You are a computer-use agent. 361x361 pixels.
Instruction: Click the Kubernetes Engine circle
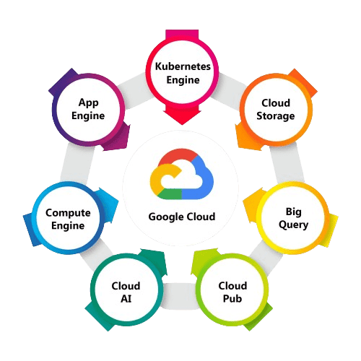pyautogui.click(x=182, y=73)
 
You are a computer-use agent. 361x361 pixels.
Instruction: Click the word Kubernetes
pyautogui.click(x=182, y=66)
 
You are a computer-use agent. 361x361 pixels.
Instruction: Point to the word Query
pyautogui.click(x=294, y=224)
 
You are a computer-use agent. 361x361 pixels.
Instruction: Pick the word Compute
pyautogui.click(x=67, y=212)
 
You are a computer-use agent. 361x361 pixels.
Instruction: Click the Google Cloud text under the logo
pyautogui.click(x=181, y=216)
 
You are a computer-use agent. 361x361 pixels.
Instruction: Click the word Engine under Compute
pyautogui.click(x=67, y=225)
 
